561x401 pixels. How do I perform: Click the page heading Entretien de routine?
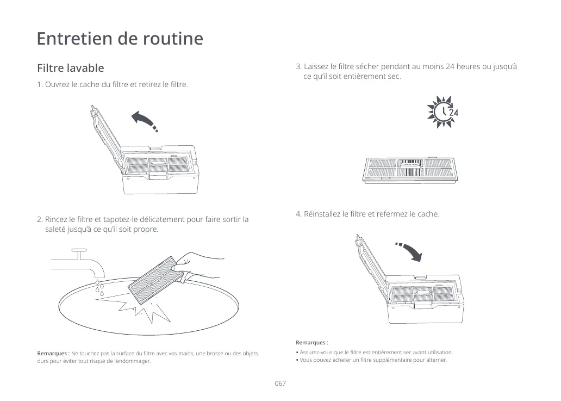point(120,39)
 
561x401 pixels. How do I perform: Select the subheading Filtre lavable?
point(70,69)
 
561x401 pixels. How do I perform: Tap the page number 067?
point(280,384)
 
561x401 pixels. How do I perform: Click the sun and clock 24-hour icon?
point(443,112)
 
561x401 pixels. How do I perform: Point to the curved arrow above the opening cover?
point(146,120)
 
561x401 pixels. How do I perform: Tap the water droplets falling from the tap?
point(99,288)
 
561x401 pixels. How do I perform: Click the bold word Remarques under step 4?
point(311,343)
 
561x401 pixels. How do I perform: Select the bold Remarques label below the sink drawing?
point(53,354)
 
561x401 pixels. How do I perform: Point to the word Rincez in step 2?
point(57,220)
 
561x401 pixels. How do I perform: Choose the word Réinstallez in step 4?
point(323,214)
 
